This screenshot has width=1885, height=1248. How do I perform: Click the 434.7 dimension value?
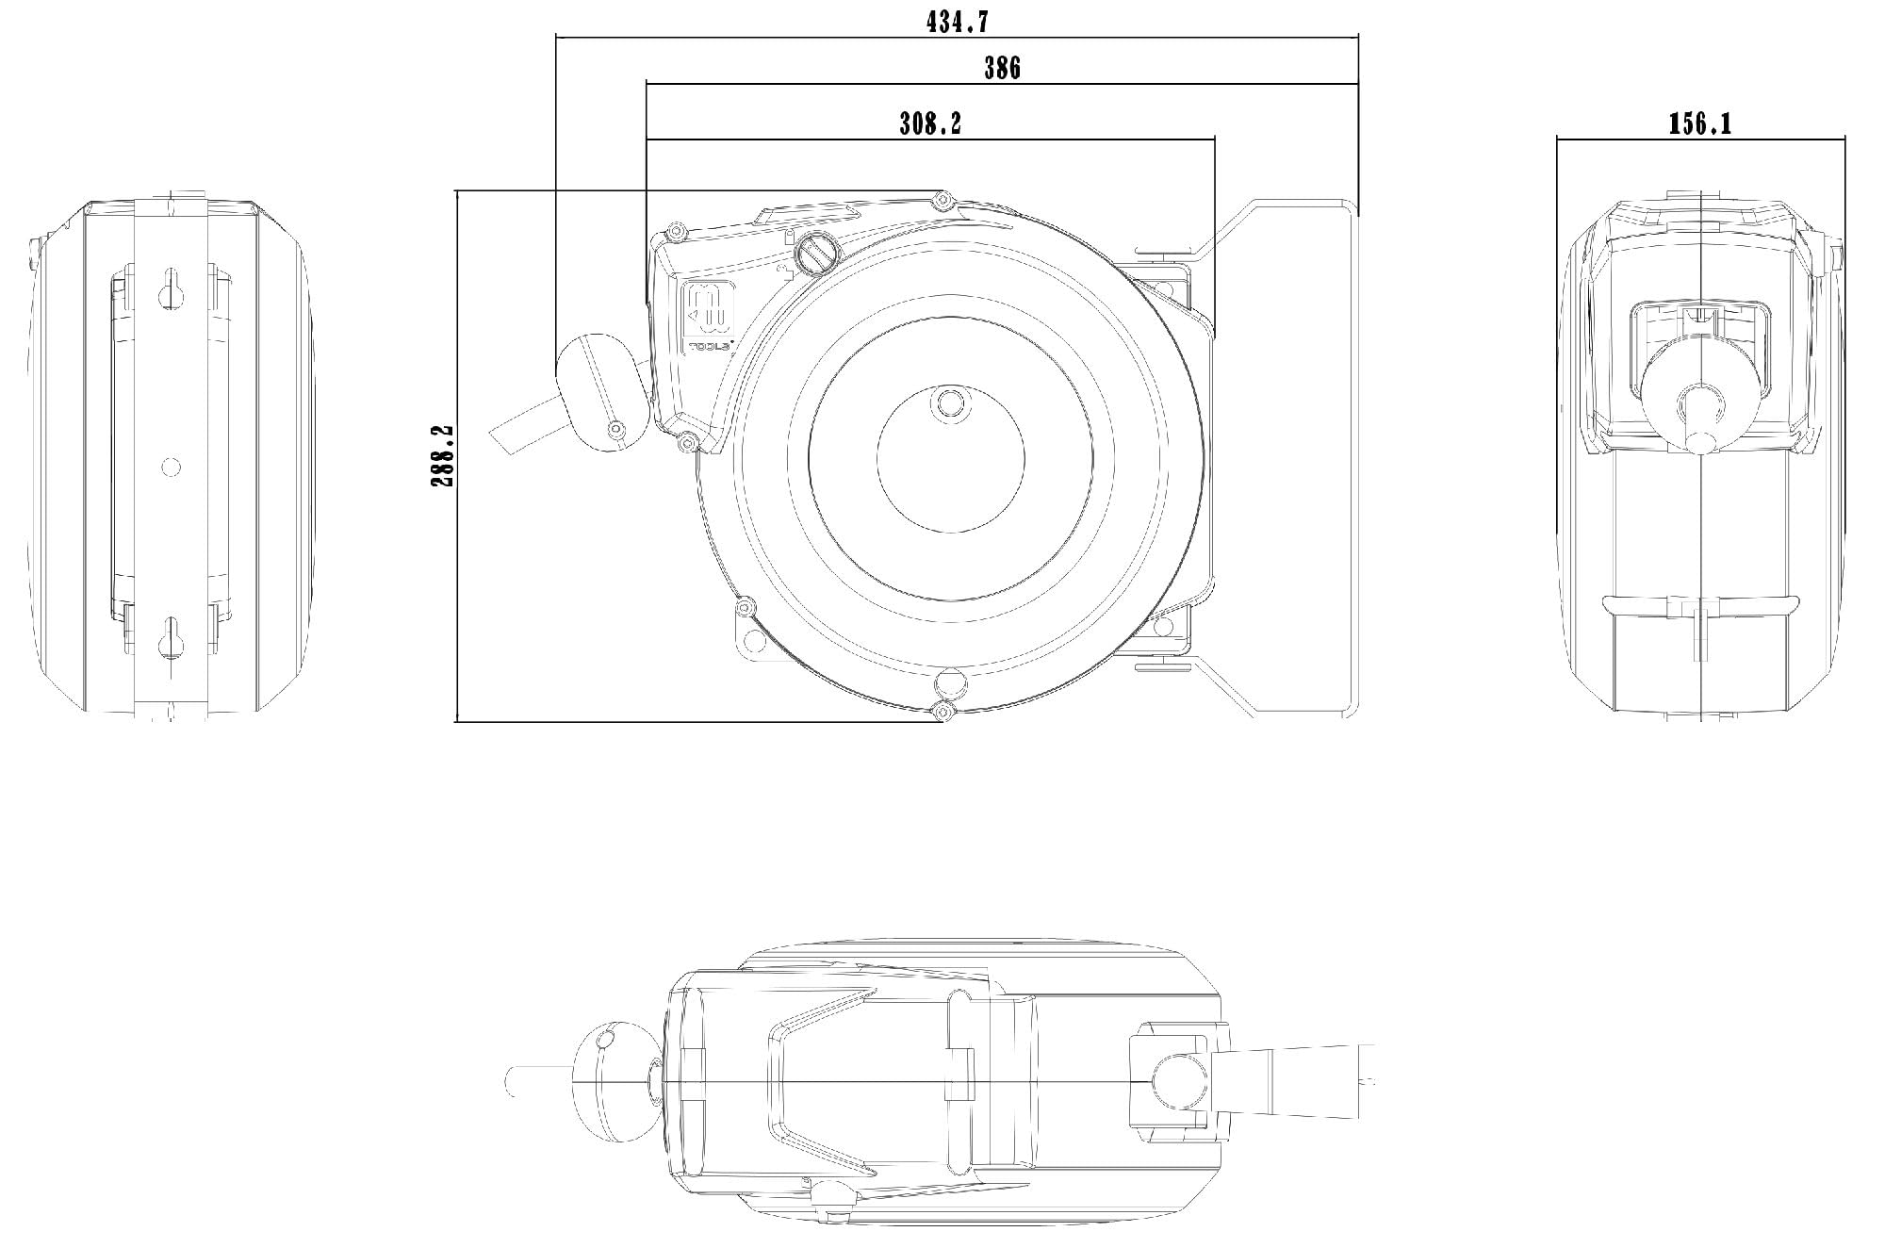pyautogui.click(x=957, y=22)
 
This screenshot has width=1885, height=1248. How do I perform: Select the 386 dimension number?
pyautogui.click(x=1002, y=68)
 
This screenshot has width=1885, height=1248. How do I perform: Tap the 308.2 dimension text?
pyautogui.click(x=930, y=123)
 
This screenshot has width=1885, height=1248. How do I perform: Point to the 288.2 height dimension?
pyautogui.click(x=442, y=455)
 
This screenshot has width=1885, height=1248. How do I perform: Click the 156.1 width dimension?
pyautogui.click(x=1699, y=123)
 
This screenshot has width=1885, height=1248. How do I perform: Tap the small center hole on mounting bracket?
pyautogui.click(x=171, y=466)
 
